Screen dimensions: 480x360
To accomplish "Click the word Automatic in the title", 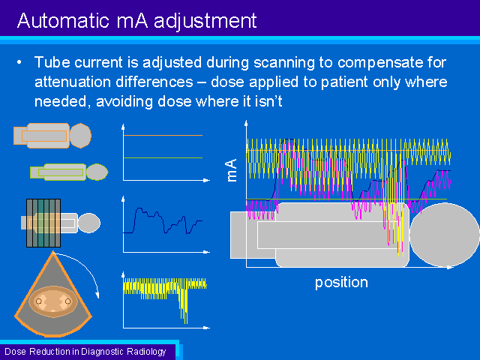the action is pos(63,21).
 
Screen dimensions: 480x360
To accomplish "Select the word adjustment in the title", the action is pos(205,22).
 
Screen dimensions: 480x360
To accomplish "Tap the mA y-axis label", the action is pos(232,170).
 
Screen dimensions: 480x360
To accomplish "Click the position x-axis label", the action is pos(341,283).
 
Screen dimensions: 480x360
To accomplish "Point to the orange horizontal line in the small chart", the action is pos(163,135).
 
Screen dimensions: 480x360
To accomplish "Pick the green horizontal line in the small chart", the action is pos(163,157).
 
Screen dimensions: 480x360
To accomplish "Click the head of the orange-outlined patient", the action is pos(80,135).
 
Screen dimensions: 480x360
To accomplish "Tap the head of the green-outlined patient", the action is pos(97,172).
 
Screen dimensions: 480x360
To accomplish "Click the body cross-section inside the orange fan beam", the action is pos(53,301).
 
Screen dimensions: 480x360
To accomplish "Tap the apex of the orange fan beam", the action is pos(53,252).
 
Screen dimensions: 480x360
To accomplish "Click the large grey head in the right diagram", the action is pos(445,235).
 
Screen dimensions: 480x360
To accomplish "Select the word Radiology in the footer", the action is pos(146,352).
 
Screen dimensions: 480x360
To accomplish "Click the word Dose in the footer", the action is pos(15,352).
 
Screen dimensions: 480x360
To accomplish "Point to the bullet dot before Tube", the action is pos(19,62).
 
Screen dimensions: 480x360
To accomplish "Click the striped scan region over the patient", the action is pos(43,223).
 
